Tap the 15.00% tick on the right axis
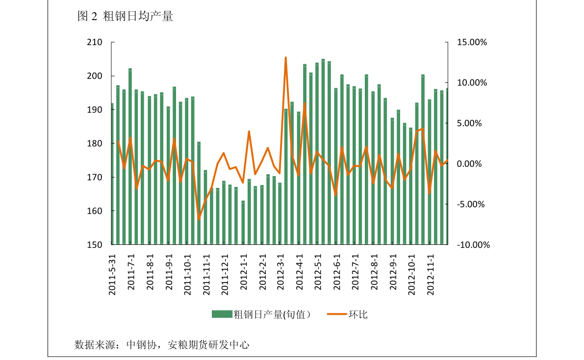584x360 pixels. point(472,43)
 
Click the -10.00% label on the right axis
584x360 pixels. point(473,245)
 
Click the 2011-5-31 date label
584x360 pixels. point(112,275)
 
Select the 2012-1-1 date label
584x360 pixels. point(244,275)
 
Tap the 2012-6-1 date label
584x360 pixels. point(337,275)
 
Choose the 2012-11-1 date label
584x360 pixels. point(431,275)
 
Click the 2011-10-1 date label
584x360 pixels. point(187,275)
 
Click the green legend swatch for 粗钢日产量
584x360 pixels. point(222,314)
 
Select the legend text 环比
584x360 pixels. point(358,314)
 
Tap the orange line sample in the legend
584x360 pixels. point(337,314)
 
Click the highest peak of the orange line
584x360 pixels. point(285,57)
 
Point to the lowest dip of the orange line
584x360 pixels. point(199,219)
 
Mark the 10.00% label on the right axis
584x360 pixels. point(472,83)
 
